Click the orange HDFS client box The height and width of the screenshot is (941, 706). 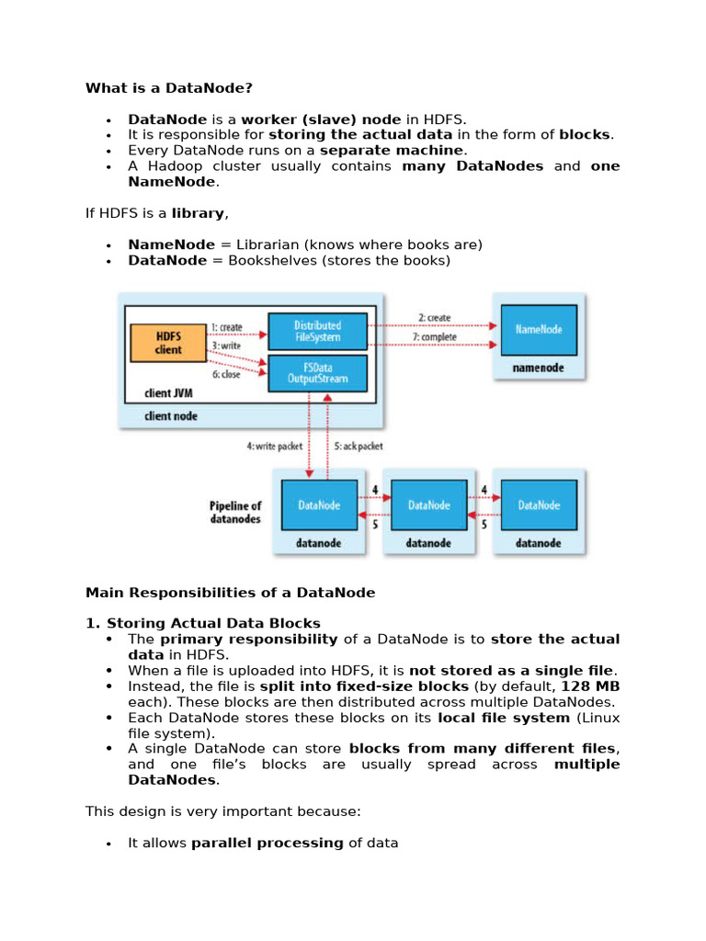pyautogui.click(x=168, y=343)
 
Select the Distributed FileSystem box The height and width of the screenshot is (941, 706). pyautogui.click(x=317, y=331)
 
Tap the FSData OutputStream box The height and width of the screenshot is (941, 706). pyautogui.click(x=317, y=373)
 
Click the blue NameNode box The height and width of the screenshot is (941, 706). pyautogui.click(x=539, y=330)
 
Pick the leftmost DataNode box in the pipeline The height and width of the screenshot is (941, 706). pyautogui.click(x=319, y=505)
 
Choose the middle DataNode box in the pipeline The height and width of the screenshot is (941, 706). pyautogui.click(x=428, y=505)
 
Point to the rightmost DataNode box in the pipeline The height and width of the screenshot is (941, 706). pyautogui.click(x=539, y=505)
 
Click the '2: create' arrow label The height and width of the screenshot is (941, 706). pyautogui.click(x=435, y=317)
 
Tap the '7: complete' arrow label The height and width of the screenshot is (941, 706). pyautogui.click(x=434, y=337)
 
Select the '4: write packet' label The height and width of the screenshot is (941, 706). pyautogui.click(x=274, y=446)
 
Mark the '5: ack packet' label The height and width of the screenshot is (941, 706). pyautogui.click(x=359, y=446)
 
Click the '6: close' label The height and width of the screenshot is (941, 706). pyautogui.click(x=226, y=374)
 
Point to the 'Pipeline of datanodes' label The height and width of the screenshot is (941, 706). pyautogui.click(x=235, y=512)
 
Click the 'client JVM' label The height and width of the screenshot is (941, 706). pyautogui.click(x=169, y=393)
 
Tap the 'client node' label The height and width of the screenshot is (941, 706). pyautogui.click(x=170, y=416)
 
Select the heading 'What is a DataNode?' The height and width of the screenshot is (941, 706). pyautogui.click(x=169, y=88)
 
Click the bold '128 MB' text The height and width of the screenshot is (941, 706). pyautogui.click(x=590, y=686)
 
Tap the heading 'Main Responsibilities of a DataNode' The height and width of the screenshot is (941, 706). pyautogui.click(x=231, y=593)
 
